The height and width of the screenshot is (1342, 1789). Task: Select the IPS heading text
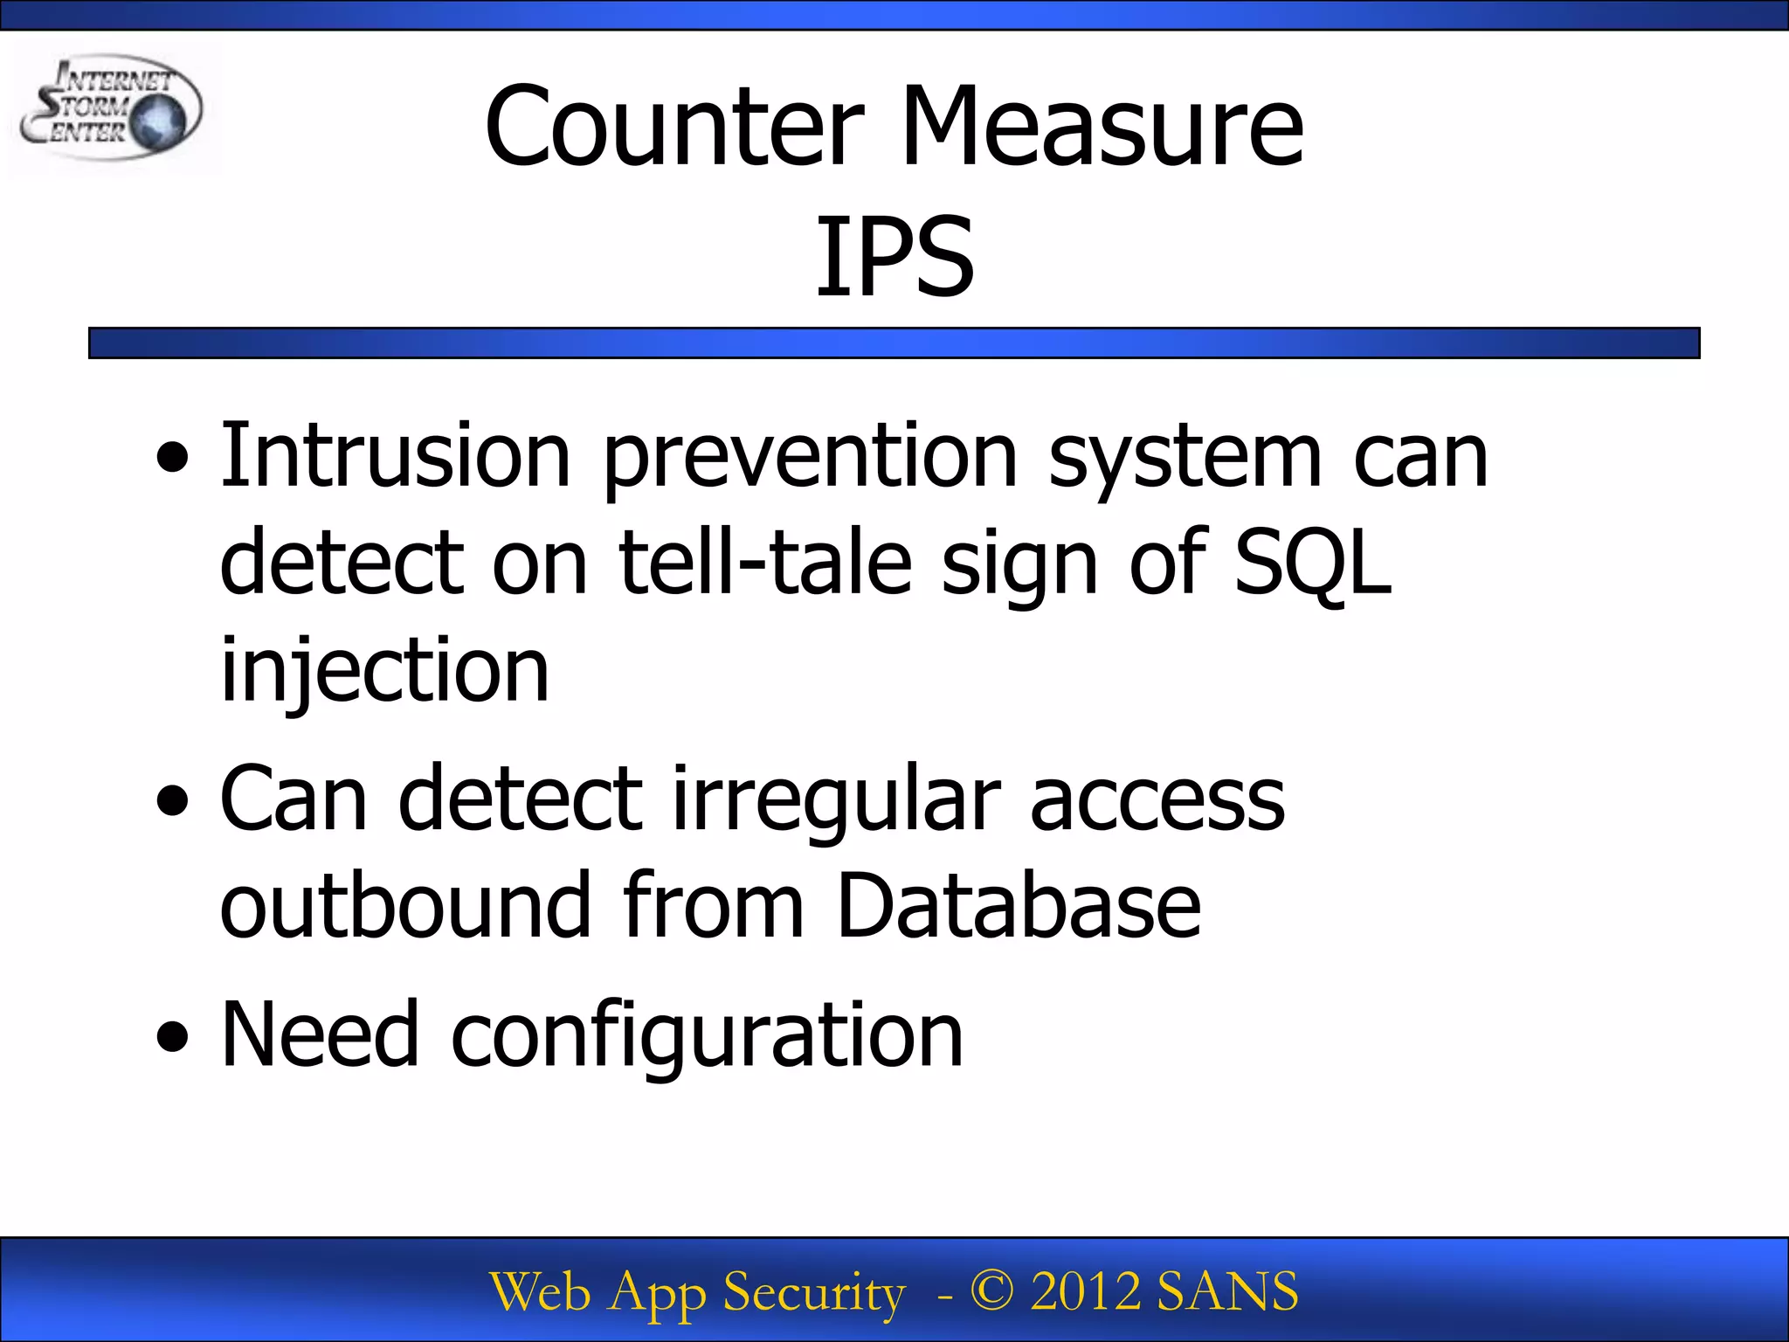(894, 257)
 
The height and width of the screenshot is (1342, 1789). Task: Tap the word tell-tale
(765, 564)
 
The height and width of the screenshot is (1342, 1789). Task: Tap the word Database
(1019, 905)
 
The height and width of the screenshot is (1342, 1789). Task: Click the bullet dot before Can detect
(172, 800)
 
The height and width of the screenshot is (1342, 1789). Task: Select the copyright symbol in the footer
(991, 1290)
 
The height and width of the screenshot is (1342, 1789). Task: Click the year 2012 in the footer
(1085, 1290)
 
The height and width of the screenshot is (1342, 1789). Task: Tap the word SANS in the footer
(1227, 1290)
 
